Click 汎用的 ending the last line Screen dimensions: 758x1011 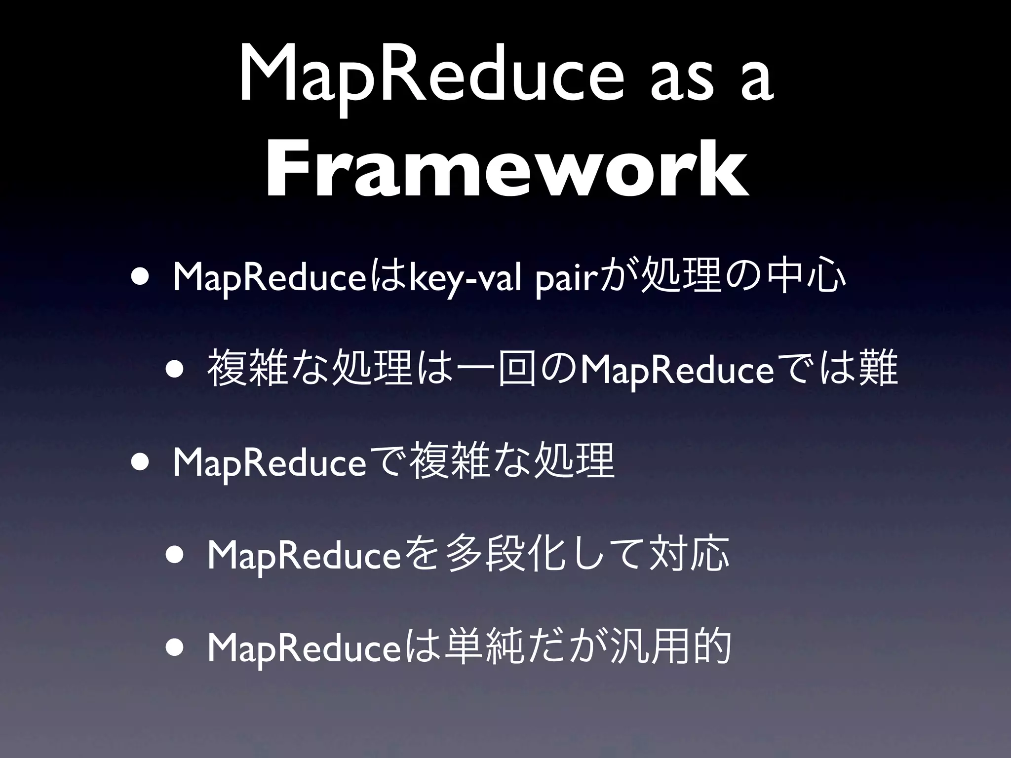tap(671, 648)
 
